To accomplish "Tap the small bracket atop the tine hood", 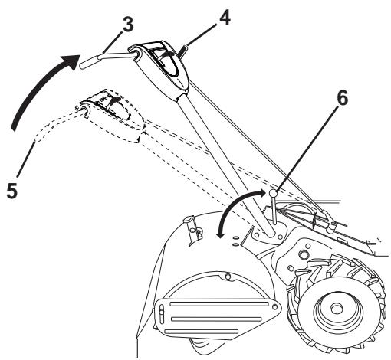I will pyautogui.click(x=190, y=223).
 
